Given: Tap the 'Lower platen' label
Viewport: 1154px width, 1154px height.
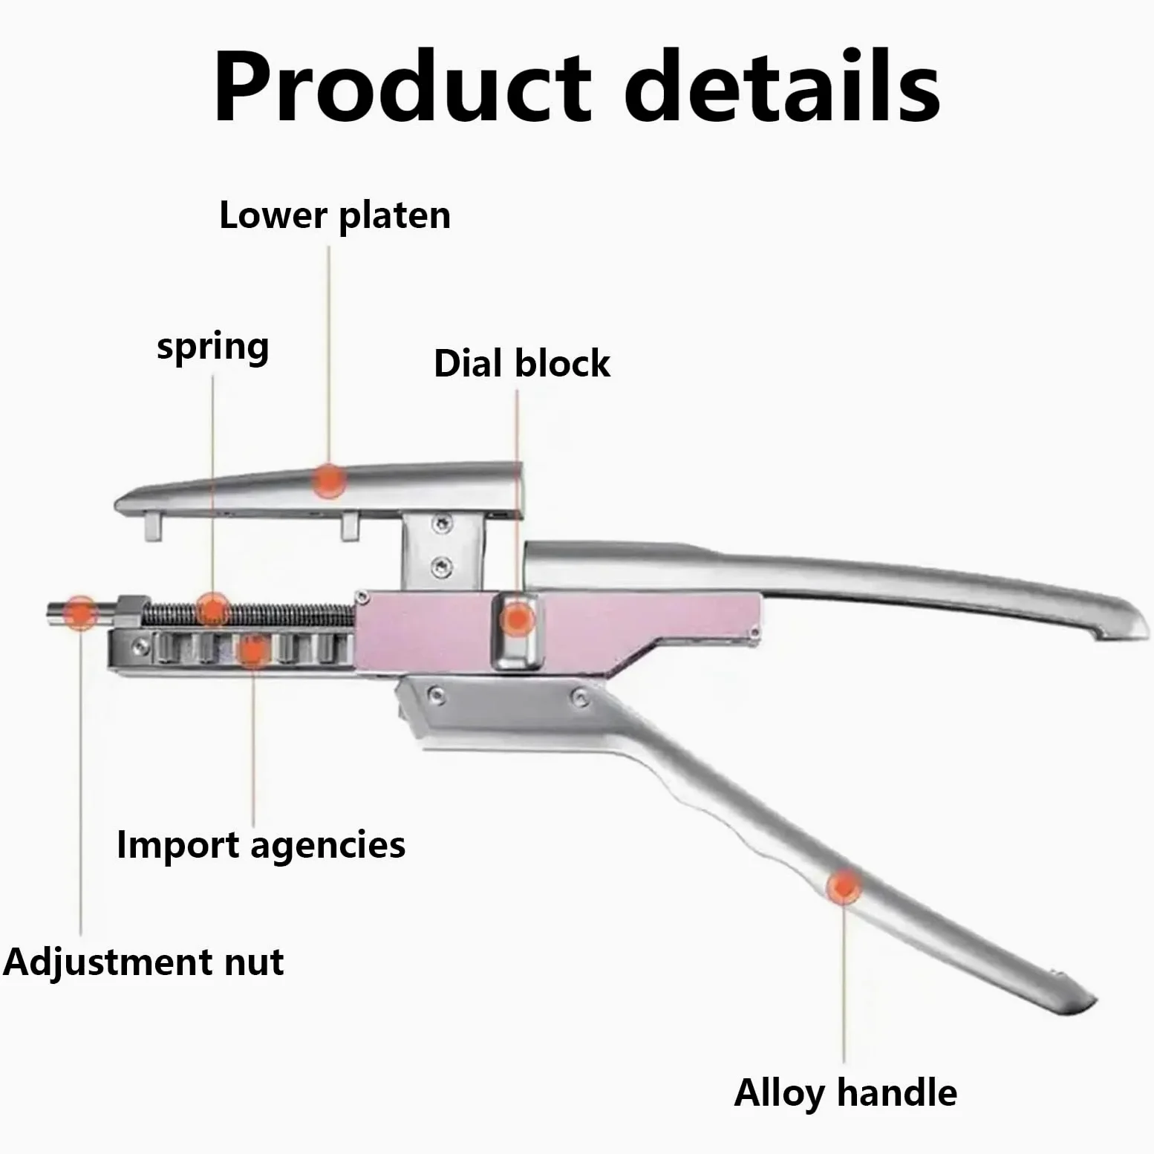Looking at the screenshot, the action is (x=335, y=216).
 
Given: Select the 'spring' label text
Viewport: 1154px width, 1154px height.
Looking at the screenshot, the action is (x=213, y=348).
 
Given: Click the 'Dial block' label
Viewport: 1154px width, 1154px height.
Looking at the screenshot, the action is (x=521, y=364).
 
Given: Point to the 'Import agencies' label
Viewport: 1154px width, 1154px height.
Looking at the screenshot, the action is (x=261, y=846).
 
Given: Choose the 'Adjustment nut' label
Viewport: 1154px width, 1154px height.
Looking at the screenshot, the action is (x=143, y=962).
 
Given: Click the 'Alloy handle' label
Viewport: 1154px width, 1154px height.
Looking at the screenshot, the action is (x=845, y=1093).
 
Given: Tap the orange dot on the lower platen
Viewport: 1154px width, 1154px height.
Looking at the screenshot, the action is (x=328, y=480).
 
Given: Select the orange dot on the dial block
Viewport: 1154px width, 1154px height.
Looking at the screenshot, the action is (x=518, y=618).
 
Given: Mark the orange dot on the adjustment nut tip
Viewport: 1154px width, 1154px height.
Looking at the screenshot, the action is (x=79, y=613).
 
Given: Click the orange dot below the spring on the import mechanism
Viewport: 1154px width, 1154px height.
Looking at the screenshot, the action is (x=252, y=651).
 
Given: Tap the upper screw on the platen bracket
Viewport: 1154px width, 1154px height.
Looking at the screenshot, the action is (x=443, y=524).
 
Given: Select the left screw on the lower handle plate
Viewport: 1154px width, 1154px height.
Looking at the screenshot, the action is (x=438, y=696).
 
